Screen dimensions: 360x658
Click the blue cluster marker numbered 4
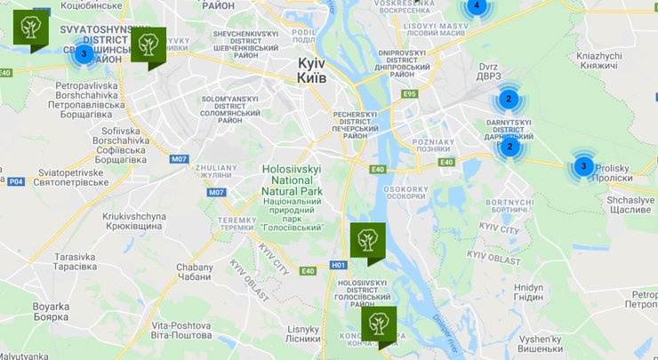[476, 6]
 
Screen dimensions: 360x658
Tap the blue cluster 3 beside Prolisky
[583, 165]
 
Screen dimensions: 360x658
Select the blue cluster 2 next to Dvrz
[508, 99]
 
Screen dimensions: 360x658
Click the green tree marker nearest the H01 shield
[367, 240]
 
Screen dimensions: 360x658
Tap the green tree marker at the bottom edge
[379, 324]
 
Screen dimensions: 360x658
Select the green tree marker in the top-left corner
[31, 28]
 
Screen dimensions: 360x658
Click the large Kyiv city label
[311, 71]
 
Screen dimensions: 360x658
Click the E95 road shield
[409, 93]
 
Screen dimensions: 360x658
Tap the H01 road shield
[338, 265]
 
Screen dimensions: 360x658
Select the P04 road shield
[15, 181]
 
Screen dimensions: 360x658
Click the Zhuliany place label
[219, 171]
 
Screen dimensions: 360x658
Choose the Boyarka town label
[50, 311]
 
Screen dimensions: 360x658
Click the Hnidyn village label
[528, 292]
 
